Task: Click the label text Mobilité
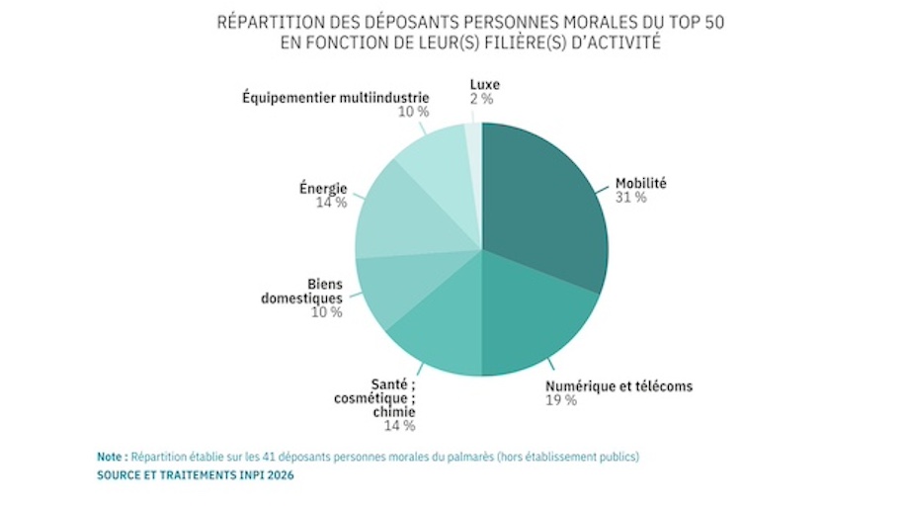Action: [641, 183]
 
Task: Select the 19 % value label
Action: [560, 400]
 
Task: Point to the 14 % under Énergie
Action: [331, 203]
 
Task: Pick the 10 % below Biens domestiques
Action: [327, 312]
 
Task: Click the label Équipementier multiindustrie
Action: [335, 97]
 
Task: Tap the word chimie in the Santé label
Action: [394, 411]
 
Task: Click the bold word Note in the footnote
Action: [111, 458]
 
